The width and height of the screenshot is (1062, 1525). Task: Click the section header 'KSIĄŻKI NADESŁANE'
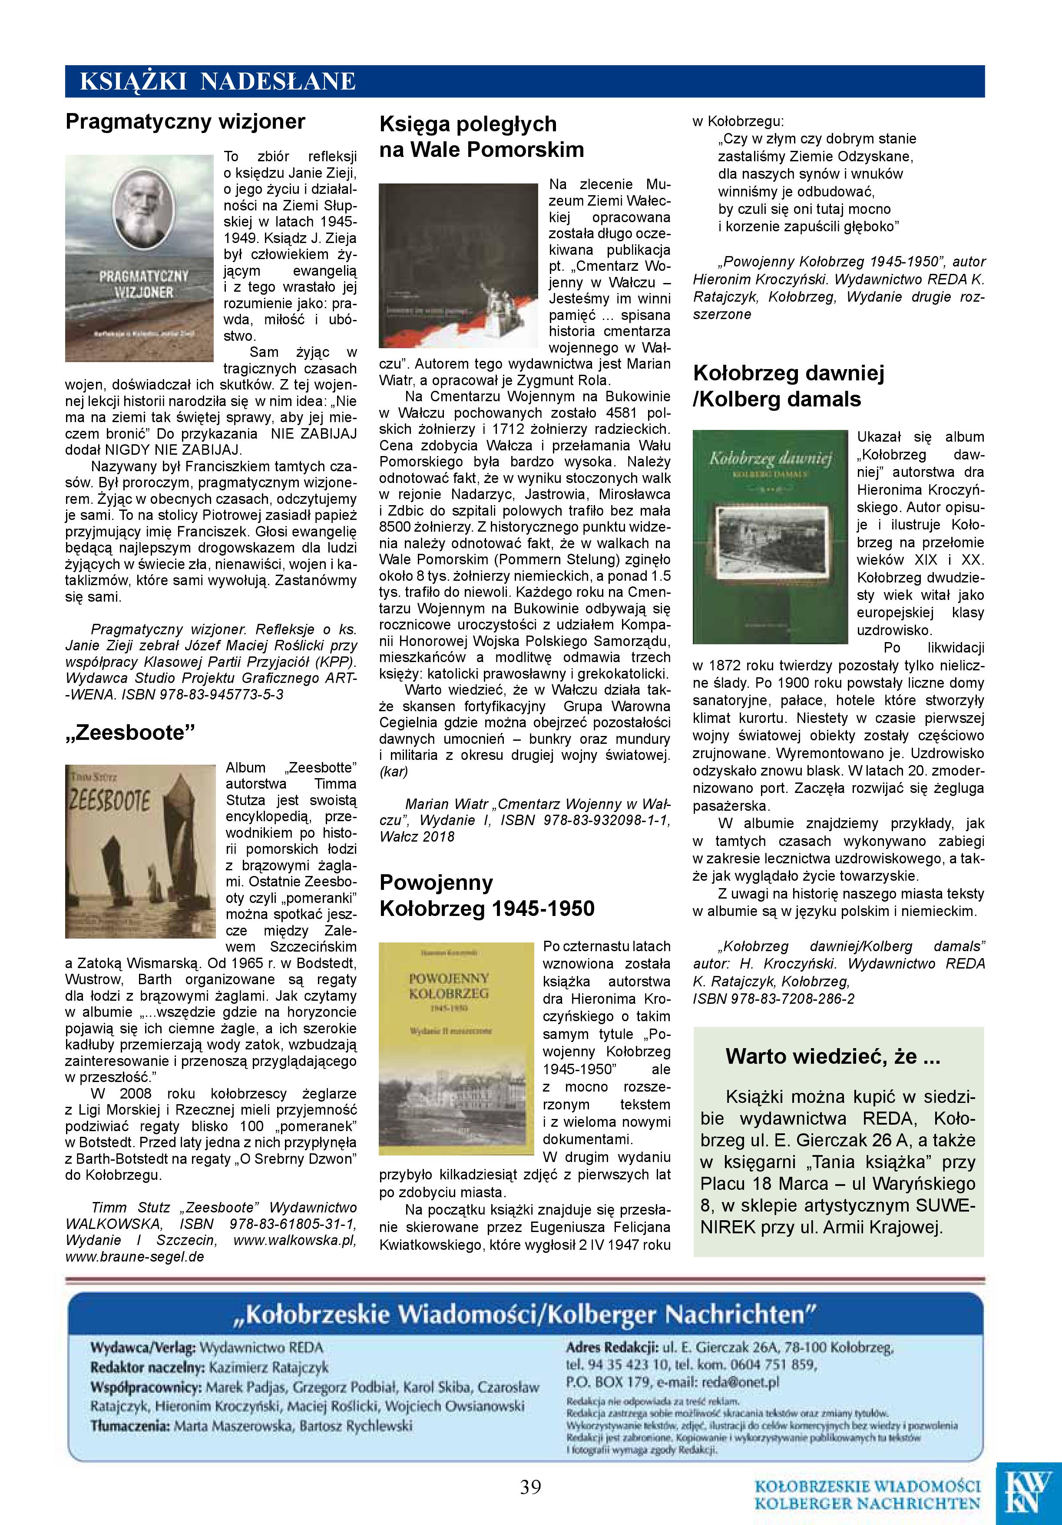[x=218, y=82]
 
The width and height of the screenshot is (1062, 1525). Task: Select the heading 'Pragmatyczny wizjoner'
[x=185, y=122]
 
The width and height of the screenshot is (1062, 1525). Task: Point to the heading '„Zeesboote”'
[x=130, y=732]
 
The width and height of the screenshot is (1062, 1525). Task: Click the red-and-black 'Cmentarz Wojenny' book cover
[x=458, y=266]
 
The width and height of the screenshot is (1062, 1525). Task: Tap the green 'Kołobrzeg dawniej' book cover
[x=770, y=537]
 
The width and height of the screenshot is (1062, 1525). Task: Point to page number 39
[x=530, y=1487]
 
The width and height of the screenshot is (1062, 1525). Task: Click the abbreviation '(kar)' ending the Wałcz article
[x=394, y=772]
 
